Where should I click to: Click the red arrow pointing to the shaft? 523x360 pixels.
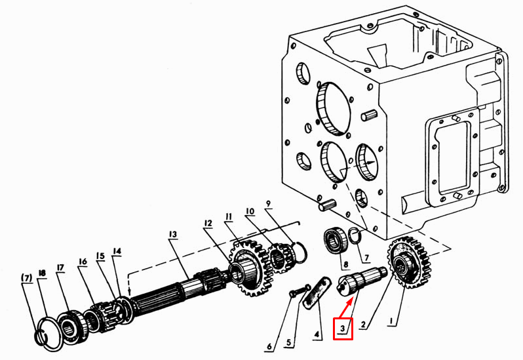click(x=346, y=308)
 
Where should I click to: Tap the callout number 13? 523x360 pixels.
click(x=172, y=235)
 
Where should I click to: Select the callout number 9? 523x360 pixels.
click(x=269, y=203)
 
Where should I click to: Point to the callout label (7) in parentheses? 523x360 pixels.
click(x=27, y=277)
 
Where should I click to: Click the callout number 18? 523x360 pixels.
click(x=42, y=273)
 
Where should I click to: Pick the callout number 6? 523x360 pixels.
click(x=269, y=347)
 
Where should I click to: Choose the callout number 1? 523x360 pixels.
click(x=391, y=321)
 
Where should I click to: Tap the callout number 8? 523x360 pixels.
click(x=346, y=264)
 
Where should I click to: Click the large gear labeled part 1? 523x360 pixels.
click(x=408, y=262)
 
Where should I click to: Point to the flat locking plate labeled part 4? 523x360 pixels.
click(x=316, y=291)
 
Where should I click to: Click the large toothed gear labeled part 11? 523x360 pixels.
click(x=250, y=268)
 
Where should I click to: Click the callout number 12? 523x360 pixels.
click(x=208, y=223)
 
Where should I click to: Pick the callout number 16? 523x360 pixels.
click(x=83, y=261)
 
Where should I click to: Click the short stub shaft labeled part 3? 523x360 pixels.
click(x=362, y=280)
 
